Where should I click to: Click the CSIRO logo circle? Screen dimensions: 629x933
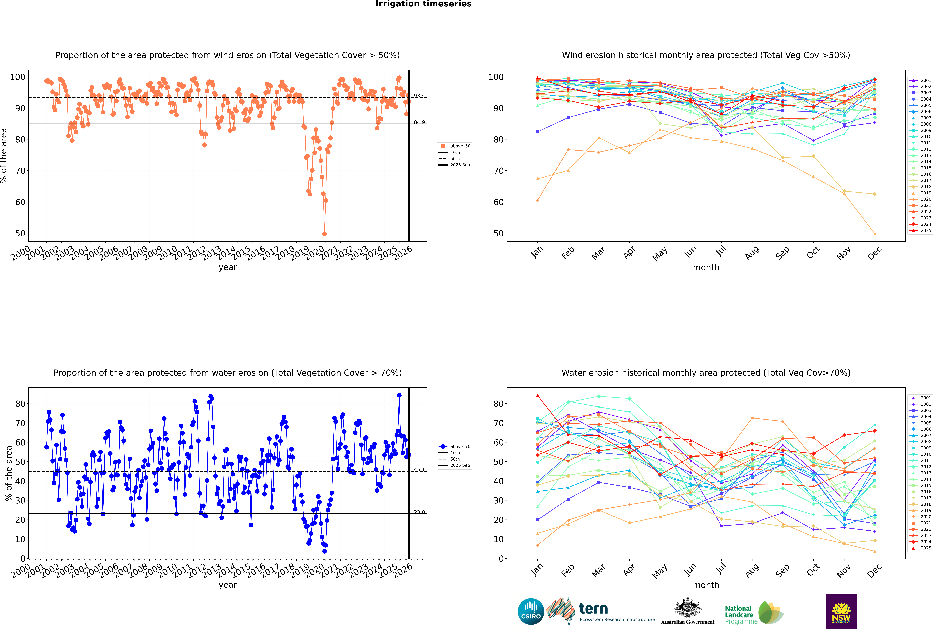tap(531, 611)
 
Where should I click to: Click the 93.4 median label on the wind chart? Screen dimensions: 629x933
tap(419, 95)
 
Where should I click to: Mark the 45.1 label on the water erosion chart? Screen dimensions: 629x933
tap(419, 469)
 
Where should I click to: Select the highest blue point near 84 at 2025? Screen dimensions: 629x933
tap(399, 395)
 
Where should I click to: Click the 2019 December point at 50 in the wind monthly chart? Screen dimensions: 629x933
tap(875, 234)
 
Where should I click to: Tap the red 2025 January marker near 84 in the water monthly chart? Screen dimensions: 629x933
tap(538, 395)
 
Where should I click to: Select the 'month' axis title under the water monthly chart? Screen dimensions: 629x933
tap(706, 585)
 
